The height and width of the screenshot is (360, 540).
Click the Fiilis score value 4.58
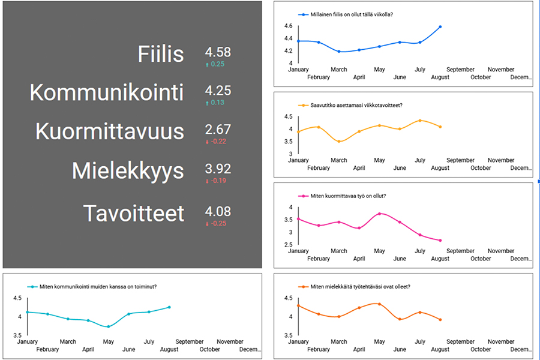pos(218,52)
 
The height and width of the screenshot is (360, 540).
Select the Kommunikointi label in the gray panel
pos(107,93)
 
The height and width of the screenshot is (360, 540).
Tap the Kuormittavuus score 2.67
pos(218,130)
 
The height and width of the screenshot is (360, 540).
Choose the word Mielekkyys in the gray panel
pos(128,171)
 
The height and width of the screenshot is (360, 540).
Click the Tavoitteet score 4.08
pos(218,211)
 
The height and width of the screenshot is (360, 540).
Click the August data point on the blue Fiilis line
pos(440,26)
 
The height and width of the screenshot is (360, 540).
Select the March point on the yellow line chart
pos(339,142)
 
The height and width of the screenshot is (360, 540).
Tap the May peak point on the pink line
pos(379,214)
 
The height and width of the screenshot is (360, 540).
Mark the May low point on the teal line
pos(108,326)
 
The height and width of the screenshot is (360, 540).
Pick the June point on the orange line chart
pos(400,319)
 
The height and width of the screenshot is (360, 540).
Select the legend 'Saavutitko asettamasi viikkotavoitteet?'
pos(356,106)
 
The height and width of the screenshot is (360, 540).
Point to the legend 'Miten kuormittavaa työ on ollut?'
pos(348,196)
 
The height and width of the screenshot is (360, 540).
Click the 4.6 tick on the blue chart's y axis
pos(289,26)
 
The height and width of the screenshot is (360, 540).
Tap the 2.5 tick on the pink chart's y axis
pos(289,245)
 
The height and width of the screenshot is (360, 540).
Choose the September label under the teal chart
pos(190,341)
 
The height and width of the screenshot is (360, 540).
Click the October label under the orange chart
pos(481,349)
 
